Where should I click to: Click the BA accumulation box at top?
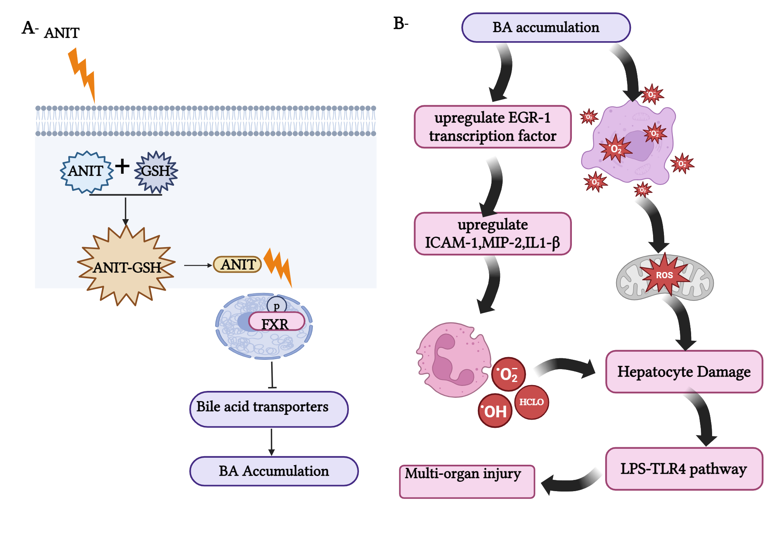click(x=545, y=28)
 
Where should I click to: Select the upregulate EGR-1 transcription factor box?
click(x=493, y=127)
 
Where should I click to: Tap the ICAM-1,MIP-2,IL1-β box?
click(x=493, y=234)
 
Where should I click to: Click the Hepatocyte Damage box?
click(x=684, y=372)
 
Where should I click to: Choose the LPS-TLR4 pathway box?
click(x=684, y=469)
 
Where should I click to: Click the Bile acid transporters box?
click(x=269, y=409)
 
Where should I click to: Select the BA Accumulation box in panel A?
click(x=274, y=471)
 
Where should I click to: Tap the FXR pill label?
click(x=276, y=322)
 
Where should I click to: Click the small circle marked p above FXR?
click(x=277, y=305)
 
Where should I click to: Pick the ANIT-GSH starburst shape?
click(x=126, y=267)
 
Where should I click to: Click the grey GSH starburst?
click(x=156, y=171)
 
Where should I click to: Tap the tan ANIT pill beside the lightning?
click(x=237, y=265)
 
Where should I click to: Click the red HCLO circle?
click(x=531, y=402)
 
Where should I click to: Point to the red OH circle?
click(x=495, y=411)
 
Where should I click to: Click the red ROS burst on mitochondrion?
click(x=664, y=275)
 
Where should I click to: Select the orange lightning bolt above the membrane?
click(x=82, y=74)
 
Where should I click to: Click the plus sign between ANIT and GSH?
click(x=122, y=166)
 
